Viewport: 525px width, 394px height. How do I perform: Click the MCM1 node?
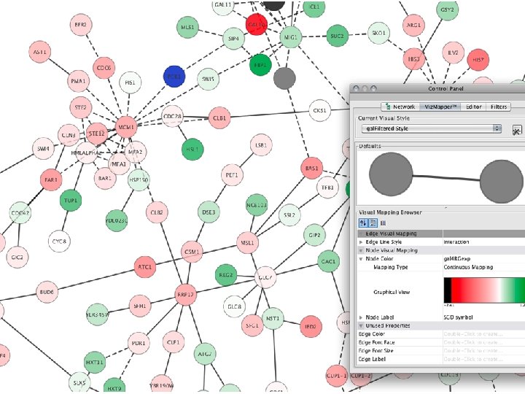[x=127, y=125]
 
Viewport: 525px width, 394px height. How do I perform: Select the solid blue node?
[x=174, y=75]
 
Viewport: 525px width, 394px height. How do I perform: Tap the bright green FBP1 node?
[x=260, y=64]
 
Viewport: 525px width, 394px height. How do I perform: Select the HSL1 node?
[x=192, y=149]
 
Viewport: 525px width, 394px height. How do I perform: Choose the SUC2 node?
[x=336, y=35]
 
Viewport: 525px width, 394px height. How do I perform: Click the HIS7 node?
[x=478, y=61]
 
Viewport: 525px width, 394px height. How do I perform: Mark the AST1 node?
[x=39, y=53]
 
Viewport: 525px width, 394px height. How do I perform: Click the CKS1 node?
[x=319, y=111]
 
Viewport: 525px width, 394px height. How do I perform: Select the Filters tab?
[x=499, y=107]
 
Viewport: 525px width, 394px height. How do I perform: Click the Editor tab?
[x=473, y=107]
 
